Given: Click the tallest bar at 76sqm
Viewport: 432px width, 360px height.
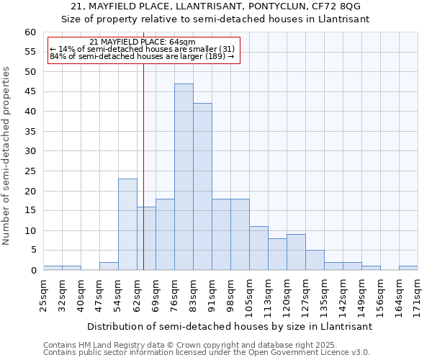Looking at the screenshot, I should [184, 177].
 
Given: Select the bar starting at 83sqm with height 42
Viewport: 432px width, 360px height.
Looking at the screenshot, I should [202, 187].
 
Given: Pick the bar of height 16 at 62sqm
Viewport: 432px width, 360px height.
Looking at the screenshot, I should [146, 238].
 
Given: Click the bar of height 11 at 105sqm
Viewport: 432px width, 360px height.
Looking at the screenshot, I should [258, 248].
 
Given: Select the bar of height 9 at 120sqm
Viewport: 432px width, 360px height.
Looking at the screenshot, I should [296, 252].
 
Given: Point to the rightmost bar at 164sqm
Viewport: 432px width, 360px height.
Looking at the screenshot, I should [408, 269].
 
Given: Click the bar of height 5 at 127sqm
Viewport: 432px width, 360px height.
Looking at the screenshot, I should [315, 260].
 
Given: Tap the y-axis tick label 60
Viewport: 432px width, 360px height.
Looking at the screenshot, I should [30, 32].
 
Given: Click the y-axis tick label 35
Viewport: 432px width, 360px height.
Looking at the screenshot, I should [30, 132].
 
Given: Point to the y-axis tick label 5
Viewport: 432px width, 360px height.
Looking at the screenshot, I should [32, 251].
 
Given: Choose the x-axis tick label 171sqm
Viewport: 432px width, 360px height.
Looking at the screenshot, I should [418, 294].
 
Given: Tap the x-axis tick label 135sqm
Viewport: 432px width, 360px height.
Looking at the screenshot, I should [324, 294].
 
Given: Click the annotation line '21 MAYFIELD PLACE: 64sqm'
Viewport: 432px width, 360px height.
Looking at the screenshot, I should [143, 42].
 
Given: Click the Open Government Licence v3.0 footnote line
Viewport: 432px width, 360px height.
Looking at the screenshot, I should [207, 352].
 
